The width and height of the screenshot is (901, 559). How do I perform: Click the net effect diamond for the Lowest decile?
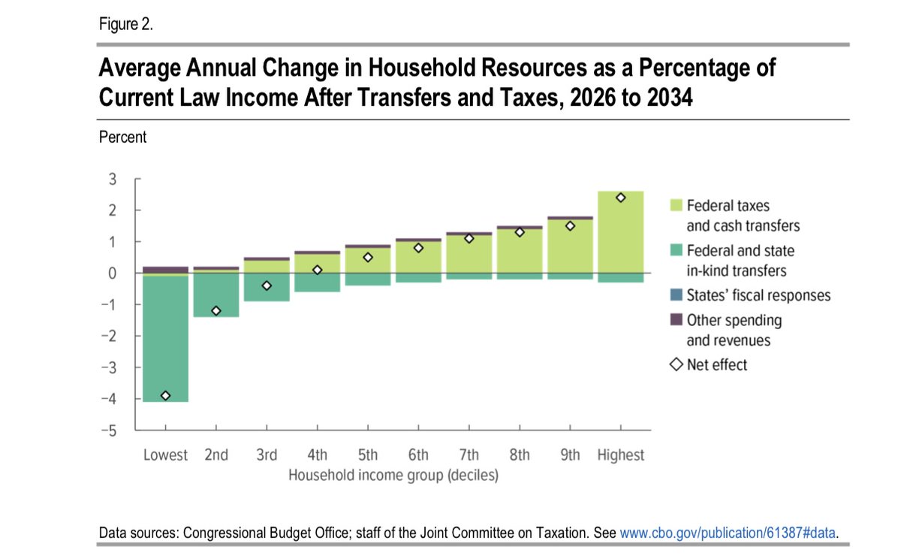click(x=165, y=396)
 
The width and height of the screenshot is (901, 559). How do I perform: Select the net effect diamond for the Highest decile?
click(x=621, y=198)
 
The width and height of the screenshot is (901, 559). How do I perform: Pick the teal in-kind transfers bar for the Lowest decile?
click(x=165, y=338)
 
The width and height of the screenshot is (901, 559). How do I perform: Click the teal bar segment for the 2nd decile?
click(x=216, y=295)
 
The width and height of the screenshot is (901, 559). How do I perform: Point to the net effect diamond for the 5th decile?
click(x=368, y=257)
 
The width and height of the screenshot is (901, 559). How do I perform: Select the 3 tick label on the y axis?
click(x=112, y=179)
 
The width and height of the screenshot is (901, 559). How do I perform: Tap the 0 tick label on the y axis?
click(x=112, y=273)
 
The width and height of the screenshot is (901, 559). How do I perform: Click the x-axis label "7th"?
click(x=469, y=455)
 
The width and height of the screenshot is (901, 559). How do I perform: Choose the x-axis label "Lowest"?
click(x=165, y=455)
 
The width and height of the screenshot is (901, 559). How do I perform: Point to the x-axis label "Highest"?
click(x=621, y=455)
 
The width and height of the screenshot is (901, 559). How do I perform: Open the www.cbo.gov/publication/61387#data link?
click(x=728, y=533)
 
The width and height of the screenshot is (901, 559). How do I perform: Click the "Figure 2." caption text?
click(x=126, y=25)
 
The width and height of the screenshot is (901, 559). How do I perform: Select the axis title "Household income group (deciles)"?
click(x=393, y=476)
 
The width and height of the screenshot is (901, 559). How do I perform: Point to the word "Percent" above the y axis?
click(x=122, y=137)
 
